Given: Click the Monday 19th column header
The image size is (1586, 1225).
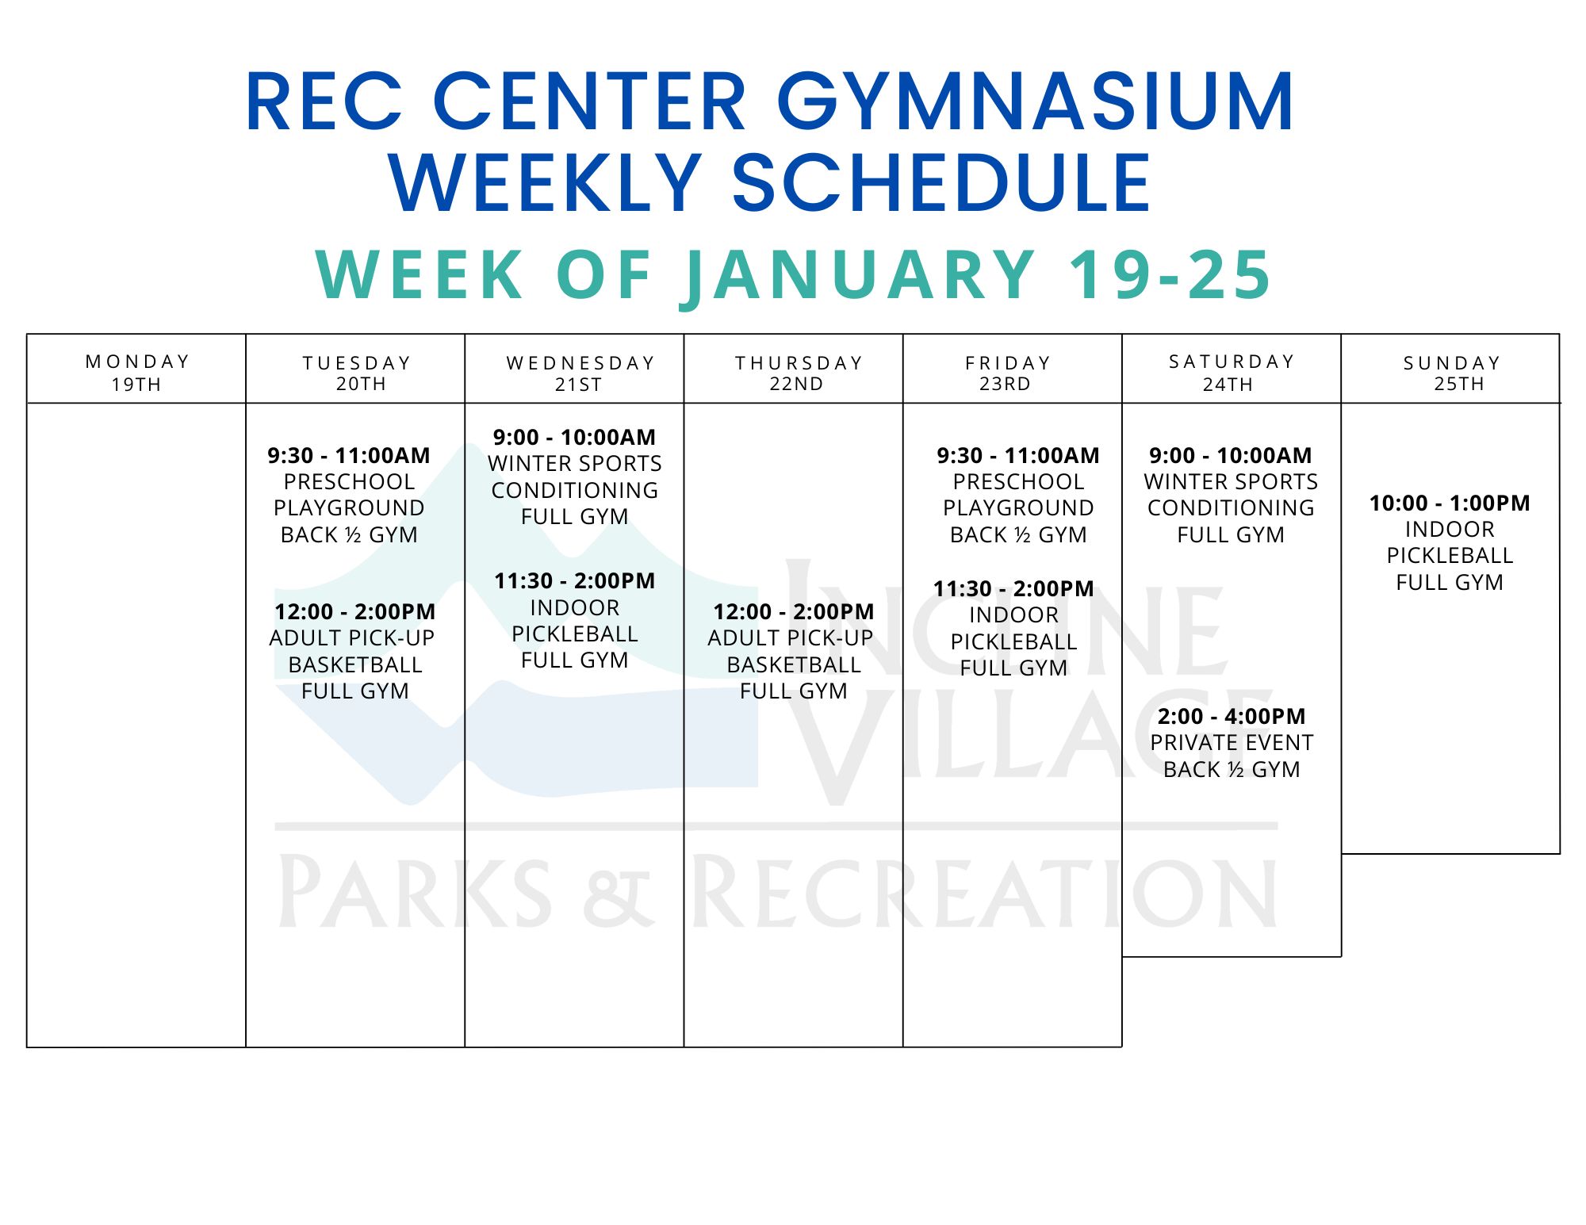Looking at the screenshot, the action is click(x=137, y=373).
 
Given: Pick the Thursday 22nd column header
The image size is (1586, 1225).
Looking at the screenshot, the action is click(x=799, y=373).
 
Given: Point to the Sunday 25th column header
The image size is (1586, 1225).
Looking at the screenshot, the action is click(x=1453, y=373).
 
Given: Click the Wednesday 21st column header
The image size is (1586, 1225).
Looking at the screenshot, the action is click(x=580, y=373).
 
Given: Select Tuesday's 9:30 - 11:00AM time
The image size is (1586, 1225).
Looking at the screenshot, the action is click(x=349, y=455).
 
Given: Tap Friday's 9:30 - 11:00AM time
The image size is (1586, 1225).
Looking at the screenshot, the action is click(x=1018, y=455).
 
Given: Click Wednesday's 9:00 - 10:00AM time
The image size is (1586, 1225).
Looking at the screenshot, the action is click(x=575, y=437).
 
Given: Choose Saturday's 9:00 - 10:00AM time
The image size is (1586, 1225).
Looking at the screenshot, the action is click(x=1231, y=455).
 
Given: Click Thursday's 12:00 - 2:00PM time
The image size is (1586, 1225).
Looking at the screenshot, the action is click(x=794, y=611).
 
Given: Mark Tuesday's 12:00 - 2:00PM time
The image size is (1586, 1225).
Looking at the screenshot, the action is click(x=355, y=611).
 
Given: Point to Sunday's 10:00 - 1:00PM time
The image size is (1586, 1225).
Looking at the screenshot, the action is click(x=1450, y=503).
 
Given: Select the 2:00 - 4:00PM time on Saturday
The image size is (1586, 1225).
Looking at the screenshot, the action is click(x=1232, y=716).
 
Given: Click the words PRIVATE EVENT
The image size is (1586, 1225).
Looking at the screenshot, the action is click(x=1232, y=742).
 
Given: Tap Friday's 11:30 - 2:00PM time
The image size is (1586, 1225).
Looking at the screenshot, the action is click(x=1013, y=588).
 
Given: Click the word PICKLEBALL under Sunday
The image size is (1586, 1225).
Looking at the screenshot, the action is click(x=1450, y=555).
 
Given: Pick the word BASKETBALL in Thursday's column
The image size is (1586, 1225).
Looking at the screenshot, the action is click(x=794, y=664).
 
